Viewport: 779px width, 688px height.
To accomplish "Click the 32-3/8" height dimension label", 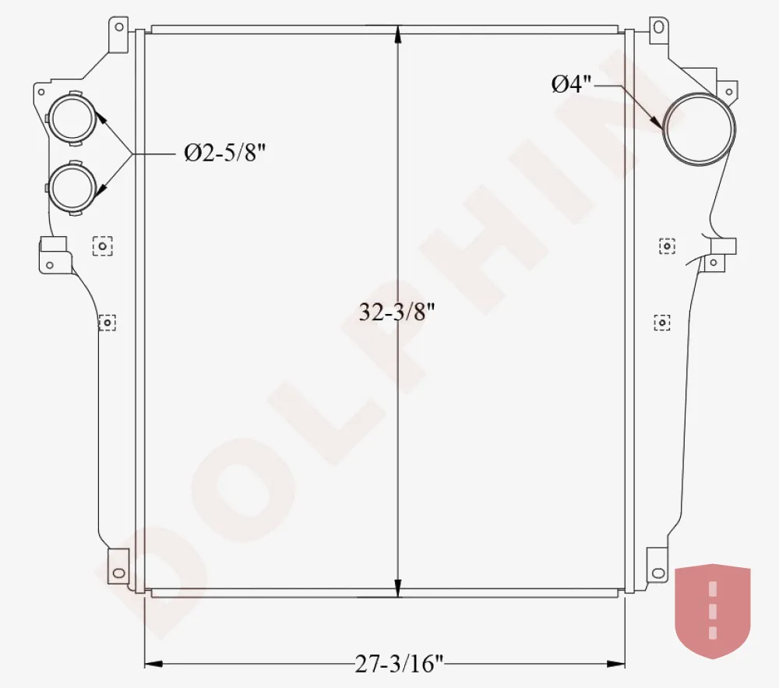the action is click(397, 313).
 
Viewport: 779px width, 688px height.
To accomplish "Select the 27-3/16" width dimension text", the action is click(398, 663).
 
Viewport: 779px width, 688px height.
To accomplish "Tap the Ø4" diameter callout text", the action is click(571, 84).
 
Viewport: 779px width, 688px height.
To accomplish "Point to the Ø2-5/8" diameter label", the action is click(225, 153).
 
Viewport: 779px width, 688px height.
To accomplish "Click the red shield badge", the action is click(713, 611).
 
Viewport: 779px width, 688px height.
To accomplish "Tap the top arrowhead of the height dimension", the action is click(397, 34).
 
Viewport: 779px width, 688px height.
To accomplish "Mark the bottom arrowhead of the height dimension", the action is click(397, 588).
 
